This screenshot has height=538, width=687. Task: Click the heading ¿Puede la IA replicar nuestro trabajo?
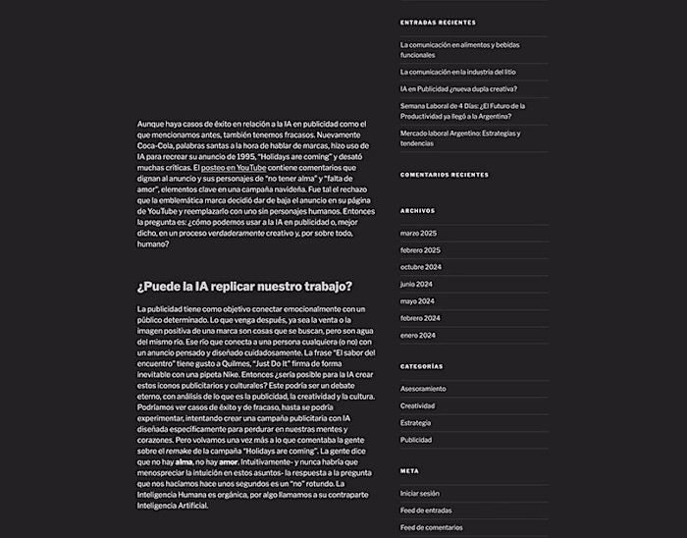[x=244, y=287]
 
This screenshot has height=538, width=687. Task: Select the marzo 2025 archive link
[x=418, y=233]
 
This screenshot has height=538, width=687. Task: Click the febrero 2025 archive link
[x=420, y=249]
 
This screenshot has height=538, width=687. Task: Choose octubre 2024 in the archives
[x=421, y=267]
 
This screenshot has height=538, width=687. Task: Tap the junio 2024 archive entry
[x=416, y=284]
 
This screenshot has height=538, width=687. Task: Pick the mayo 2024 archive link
[x=417, y=300]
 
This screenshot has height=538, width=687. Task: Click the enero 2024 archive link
[x=417, y=335]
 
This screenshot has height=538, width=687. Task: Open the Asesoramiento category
[x=423, y=389]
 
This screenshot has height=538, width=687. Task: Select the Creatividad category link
[x=417, y=405]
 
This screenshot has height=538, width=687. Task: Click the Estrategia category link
[x=415, y=423]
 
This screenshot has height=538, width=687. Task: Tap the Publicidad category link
[x=415, y=440]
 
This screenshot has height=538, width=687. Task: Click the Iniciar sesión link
[x=420, y=494]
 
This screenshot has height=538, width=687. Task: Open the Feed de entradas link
[x=424, y=511]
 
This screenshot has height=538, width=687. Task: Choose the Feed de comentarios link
[x=430, y=527]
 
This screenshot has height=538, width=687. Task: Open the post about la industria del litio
[x=457, y=72]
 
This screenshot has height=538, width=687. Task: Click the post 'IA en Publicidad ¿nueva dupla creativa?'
[x=458, y=88]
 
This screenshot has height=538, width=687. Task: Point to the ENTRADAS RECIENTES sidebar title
[x=438, y=22]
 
